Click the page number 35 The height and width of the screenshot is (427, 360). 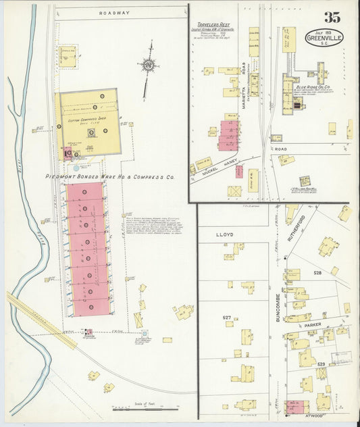[331, 18]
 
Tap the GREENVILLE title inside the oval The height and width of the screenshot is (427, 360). [324, 39]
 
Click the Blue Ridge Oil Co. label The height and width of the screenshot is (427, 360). [312, 86]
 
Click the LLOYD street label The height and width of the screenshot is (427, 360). [224, 234]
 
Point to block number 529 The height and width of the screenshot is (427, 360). [322, 365]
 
